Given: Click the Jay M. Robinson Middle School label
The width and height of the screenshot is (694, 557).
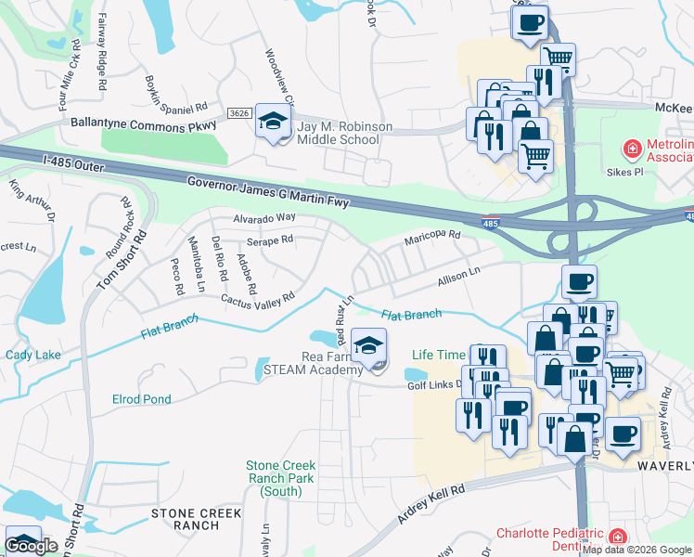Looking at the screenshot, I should coord(338,133).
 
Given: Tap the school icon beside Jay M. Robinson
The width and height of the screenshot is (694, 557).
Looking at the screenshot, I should coord(274,123).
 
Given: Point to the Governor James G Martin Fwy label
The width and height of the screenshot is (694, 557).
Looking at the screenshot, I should coord(267,189).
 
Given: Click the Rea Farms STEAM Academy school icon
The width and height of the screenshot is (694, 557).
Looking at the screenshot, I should coord(368,348).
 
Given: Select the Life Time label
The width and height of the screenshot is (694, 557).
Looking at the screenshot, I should coord(439,355).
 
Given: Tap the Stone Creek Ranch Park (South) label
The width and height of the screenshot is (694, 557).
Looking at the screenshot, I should coord(280,477).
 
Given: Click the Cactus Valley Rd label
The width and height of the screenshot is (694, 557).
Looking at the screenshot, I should coord(258,299).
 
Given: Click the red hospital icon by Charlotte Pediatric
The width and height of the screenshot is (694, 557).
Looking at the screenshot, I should coord(616,537).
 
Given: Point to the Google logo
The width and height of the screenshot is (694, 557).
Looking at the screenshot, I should coord(32,546).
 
